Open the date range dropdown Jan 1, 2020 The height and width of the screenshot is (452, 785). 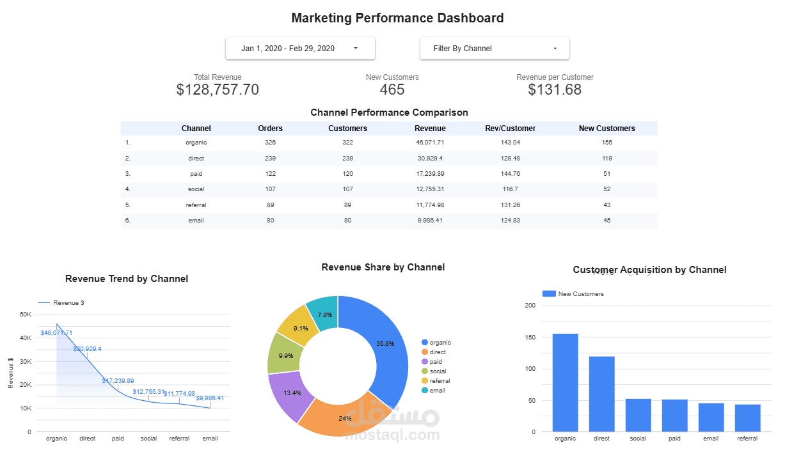point(299,49)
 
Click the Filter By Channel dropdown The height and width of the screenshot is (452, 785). point(494,49)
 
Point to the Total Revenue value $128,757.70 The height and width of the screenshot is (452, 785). point(218,90)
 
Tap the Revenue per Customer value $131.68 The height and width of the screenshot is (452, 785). point(555,90)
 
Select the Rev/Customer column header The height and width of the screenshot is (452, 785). point(510,129)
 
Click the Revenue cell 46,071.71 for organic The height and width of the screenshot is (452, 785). point(429,143)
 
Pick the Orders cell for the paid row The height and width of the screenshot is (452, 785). point(270,174)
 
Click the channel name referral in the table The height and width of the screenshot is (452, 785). point(196,205)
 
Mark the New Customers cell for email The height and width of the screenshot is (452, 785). point(607,221)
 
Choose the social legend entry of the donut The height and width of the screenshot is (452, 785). point(438,371)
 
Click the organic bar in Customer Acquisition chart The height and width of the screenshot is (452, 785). point(565,384)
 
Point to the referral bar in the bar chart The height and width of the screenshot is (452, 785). point(747,418)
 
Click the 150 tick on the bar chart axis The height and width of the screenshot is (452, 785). point(529,337)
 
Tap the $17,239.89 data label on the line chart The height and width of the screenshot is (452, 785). point(118,381)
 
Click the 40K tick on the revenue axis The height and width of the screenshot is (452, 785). point(26,338)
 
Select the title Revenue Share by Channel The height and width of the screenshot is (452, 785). point(383,267)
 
